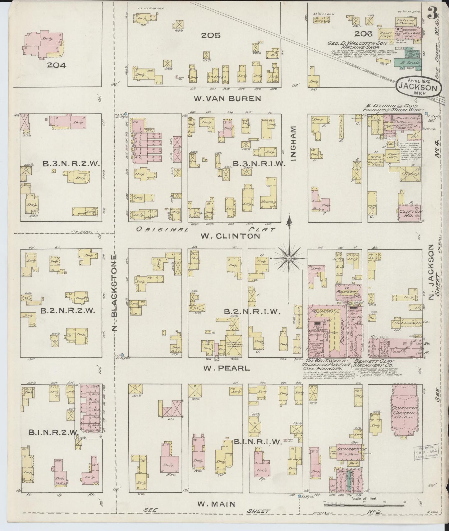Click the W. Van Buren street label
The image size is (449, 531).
click(x=227, y=99)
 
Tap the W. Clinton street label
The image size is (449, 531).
click(x=230, y=236)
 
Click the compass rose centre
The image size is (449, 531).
click(x=289, y=258)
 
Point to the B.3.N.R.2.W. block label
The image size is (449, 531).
click(x=71, y=164)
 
